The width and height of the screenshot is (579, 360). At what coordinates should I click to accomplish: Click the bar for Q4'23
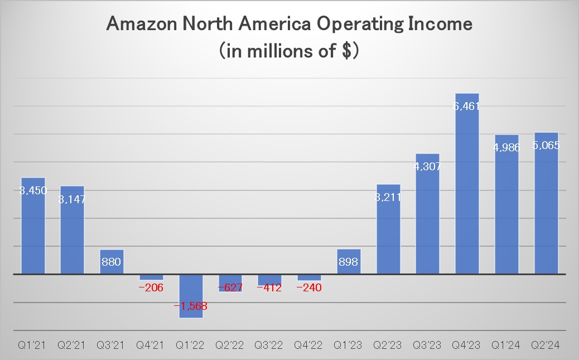coord(467,184)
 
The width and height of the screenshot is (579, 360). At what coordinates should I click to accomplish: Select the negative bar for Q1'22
coord(191,296)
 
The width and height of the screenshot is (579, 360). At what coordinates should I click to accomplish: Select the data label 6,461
coord(467,105)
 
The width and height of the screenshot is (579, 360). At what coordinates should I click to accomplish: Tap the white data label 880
coord(112,262)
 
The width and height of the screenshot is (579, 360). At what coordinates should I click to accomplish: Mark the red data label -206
coord(151,287)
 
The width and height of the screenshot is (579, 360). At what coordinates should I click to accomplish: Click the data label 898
coord(349,262)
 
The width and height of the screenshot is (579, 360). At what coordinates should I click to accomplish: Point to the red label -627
coord(230,287)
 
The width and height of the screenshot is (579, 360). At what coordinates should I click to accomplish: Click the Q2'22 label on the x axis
coord(230,345)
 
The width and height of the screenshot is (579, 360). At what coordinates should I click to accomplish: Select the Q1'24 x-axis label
coord(506,345)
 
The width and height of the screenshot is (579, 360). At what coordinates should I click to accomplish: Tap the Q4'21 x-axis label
coord(151,345)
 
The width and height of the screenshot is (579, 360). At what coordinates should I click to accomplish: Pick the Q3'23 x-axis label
coord(428,345)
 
